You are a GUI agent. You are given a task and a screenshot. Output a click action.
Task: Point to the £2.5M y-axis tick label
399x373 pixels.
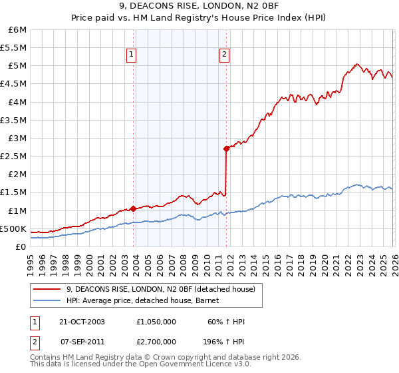(14, 156)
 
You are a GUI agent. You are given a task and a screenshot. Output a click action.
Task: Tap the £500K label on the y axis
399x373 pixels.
(13, 228)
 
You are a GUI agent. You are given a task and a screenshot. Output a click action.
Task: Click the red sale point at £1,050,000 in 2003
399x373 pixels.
(133, 208)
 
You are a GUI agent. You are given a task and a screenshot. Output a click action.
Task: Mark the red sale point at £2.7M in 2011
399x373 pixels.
(226, 149)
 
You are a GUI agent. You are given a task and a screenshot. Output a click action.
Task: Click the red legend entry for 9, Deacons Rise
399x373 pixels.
(165, 288)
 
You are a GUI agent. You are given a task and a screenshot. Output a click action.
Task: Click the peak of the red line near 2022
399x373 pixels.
(357, 64)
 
